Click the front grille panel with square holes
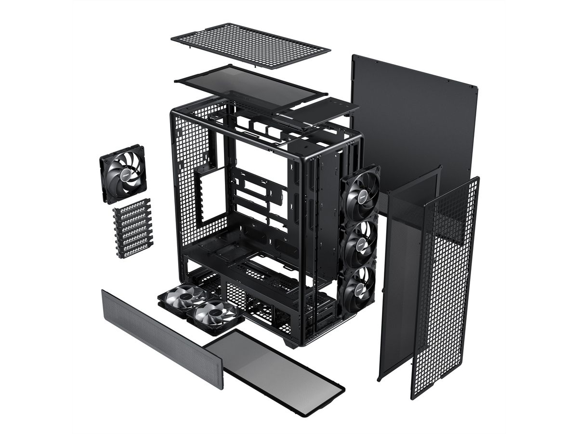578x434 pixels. click(x=446, y=289)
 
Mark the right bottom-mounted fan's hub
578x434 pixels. click(x=213, y=313)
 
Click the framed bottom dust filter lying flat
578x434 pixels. click(x=275, y=371)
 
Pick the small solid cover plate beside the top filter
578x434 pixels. click(x=320, y=111)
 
